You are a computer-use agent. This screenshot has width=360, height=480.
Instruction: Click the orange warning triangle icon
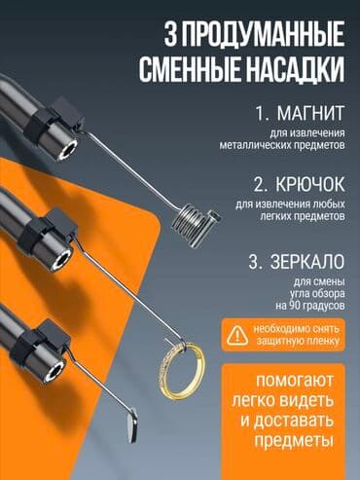click(236, 333)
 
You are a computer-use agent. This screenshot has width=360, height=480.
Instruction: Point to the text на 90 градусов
click(306, 308)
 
